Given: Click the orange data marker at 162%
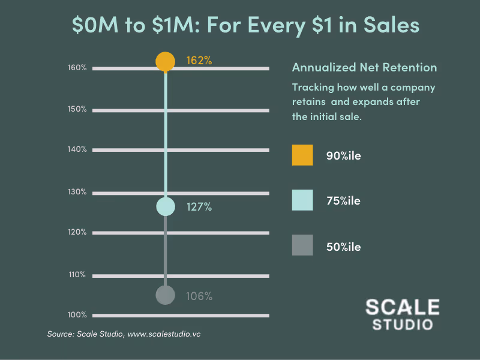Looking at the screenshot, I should pyautogui.click(x=165, y=61).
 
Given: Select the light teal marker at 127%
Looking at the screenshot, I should pyautogui.click(x=165, y=206).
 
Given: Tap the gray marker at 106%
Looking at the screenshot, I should pyautogui.click(x=165, y=295).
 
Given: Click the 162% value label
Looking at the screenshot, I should pyautogui.click(x=199, y=61).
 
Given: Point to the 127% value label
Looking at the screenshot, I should pyautogui.click(x=199, y=207).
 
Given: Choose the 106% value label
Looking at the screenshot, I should pyautogui.click(x=199, y=296).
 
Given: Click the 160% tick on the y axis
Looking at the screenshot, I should pyautogui.click(x=77, y=68).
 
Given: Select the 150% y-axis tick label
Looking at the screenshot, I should pyautogui.click(x=77, y=109).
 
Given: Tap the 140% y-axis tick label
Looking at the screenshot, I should pyautogui.click(x=77, y=149).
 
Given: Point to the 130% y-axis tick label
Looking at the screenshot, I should pyautogui.click(x=77, y=192).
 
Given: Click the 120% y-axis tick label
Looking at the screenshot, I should pyautogui.click(x=77, y=232).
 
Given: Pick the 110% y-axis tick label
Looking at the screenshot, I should pyautogui.click(x=77, y=275).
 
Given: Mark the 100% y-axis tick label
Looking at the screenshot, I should pyautogui.click(x=77, y=315).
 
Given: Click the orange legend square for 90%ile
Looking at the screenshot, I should pyautogui.click(x=302, y=155).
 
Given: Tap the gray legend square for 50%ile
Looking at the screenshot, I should pyautogui.click(x=302, y=245).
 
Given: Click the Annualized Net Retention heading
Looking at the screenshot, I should pyautogui.click(x=364, y=67).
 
